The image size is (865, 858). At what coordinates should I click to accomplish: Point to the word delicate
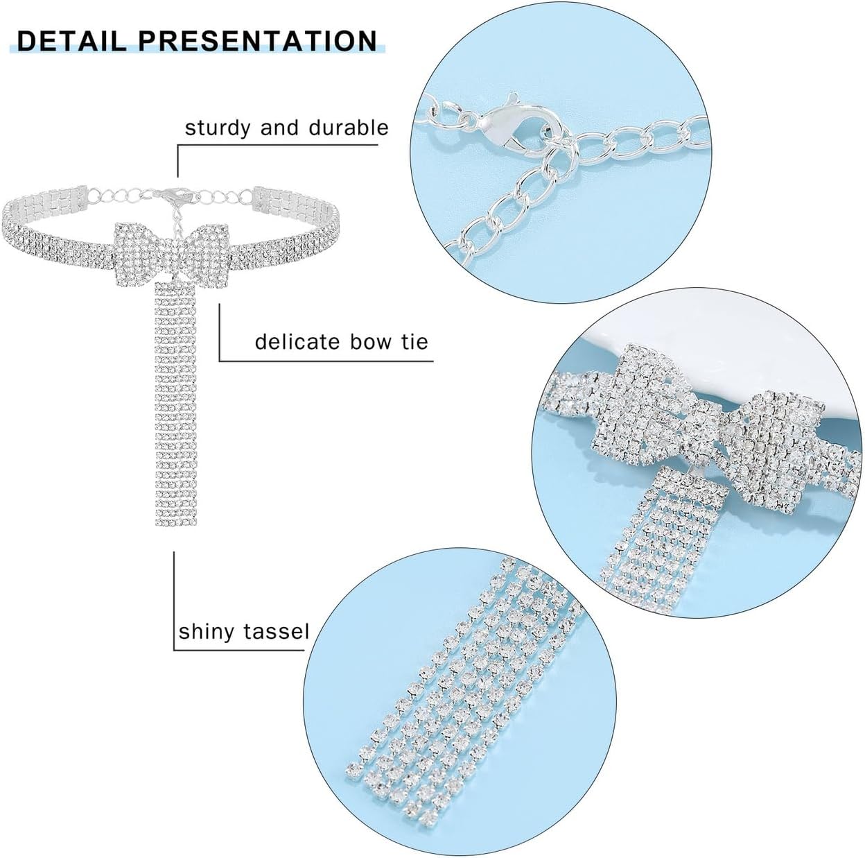pyautogui.click(x=295, y=342)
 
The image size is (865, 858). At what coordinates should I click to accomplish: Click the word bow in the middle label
pyautogui.click(x=367, y=342)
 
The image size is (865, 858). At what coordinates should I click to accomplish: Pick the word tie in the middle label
pyautogui.click(x=413, y=342)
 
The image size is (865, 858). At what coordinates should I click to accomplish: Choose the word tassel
pyautogui.click(x=275, y=632)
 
